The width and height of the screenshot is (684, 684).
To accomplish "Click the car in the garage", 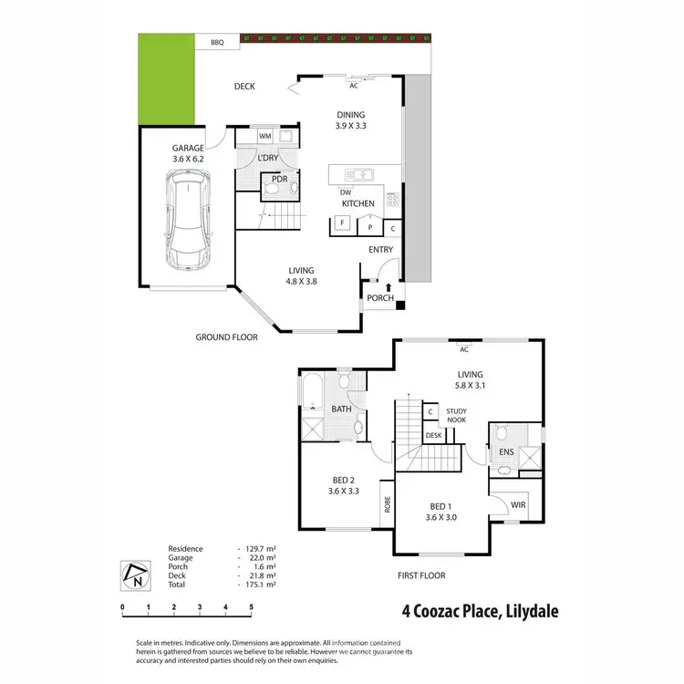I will tap(189, 222).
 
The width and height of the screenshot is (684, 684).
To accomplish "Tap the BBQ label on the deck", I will tap(217, 43).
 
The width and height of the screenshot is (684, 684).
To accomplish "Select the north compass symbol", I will tap(134, 574).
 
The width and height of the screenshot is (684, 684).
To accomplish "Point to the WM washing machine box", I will tap(265, 137).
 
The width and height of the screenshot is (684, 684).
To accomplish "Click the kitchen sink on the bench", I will tap(358, 173).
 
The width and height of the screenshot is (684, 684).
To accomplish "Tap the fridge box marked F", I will tap(343, 223).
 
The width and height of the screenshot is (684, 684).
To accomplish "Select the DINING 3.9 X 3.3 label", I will tap(350, 119).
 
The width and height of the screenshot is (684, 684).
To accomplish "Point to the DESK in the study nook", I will tap(433, 436).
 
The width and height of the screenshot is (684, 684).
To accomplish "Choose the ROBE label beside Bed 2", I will tap(388, 504).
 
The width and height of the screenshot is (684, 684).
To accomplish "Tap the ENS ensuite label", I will tap(506, 451).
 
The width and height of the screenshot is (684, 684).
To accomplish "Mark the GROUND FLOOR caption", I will tap(227, 337).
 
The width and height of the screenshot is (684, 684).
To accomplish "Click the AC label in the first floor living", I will tap(463, 349).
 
